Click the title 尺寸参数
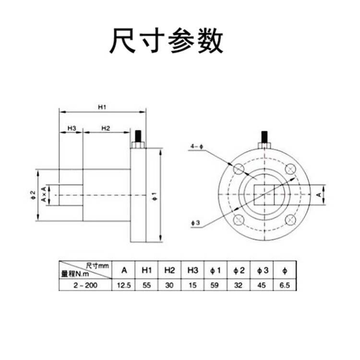click(166, 42)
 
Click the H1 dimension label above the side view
click(102, 108)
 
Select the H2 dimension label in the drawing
click(106, 128)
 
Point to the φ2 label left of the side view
click(33, 195)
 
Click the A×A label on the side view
click(43, 195)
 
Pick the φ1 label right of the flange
click(153, 195)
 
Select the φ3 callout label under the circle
click(195, 222)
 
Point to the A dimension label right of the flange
click(319, 194)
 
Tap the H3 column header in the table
click(192, 270)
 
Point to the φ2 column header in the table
click(239, 270)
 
